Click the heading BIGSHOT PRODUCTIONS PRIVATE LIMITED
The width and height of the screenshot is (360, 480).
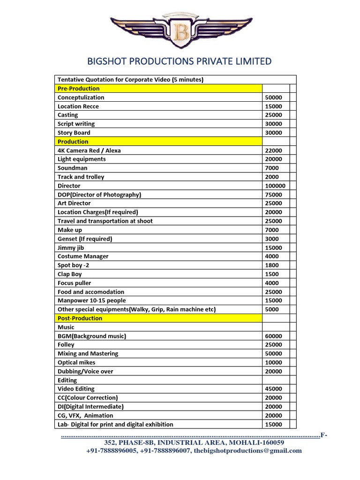pyautogui.click(x=180, y=61)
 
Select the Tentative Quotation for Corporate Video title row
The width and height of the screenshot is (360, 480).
pyautogui.click(x=130, y=80)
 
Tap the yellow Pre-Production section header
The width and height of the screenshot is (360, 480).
pyautogui.click(x=78, y=89)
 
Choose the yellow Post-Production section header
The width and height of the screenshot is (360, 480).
pyautogui.click(x=80, y=318)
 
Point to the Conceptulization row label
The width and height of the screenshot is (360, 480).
pyautogui.click(x=81, y=97)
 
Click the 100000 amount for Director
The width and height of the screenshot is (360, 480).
pyautogui.click(x=275, y=186)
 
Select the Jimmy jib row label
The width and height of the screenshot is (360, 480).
pyautogui.click(x=71, y=247)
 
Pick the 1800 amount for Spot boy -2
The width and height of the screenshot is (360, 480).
pyautogui.click(x=271, y=265)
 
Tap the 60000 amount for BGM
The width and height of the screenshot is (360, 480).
pyautogui.click(x=273, y=336)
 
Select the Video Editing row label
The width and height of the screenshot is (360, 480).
pyautogui.click(x=76, y=389)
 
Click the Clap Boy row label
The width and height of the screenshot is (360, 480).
pyautogui.click(x=69, y=274)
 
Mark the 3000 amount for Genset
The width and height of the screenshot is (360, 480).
pyautogui.click(x=271, y=239)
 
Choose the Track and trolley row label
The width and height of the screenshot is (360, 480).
pyautogui.click(x=81, y=177)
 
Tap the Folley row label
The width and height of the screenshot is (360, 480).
pyautogui.click(x=66, y=345)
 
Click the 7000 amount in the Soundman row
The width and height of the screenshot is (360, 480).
pyautogui.click(x=271, y=168)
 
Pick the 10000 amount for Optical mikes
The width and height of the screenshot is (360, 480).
pyautogui.click(x=273, y=363)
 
